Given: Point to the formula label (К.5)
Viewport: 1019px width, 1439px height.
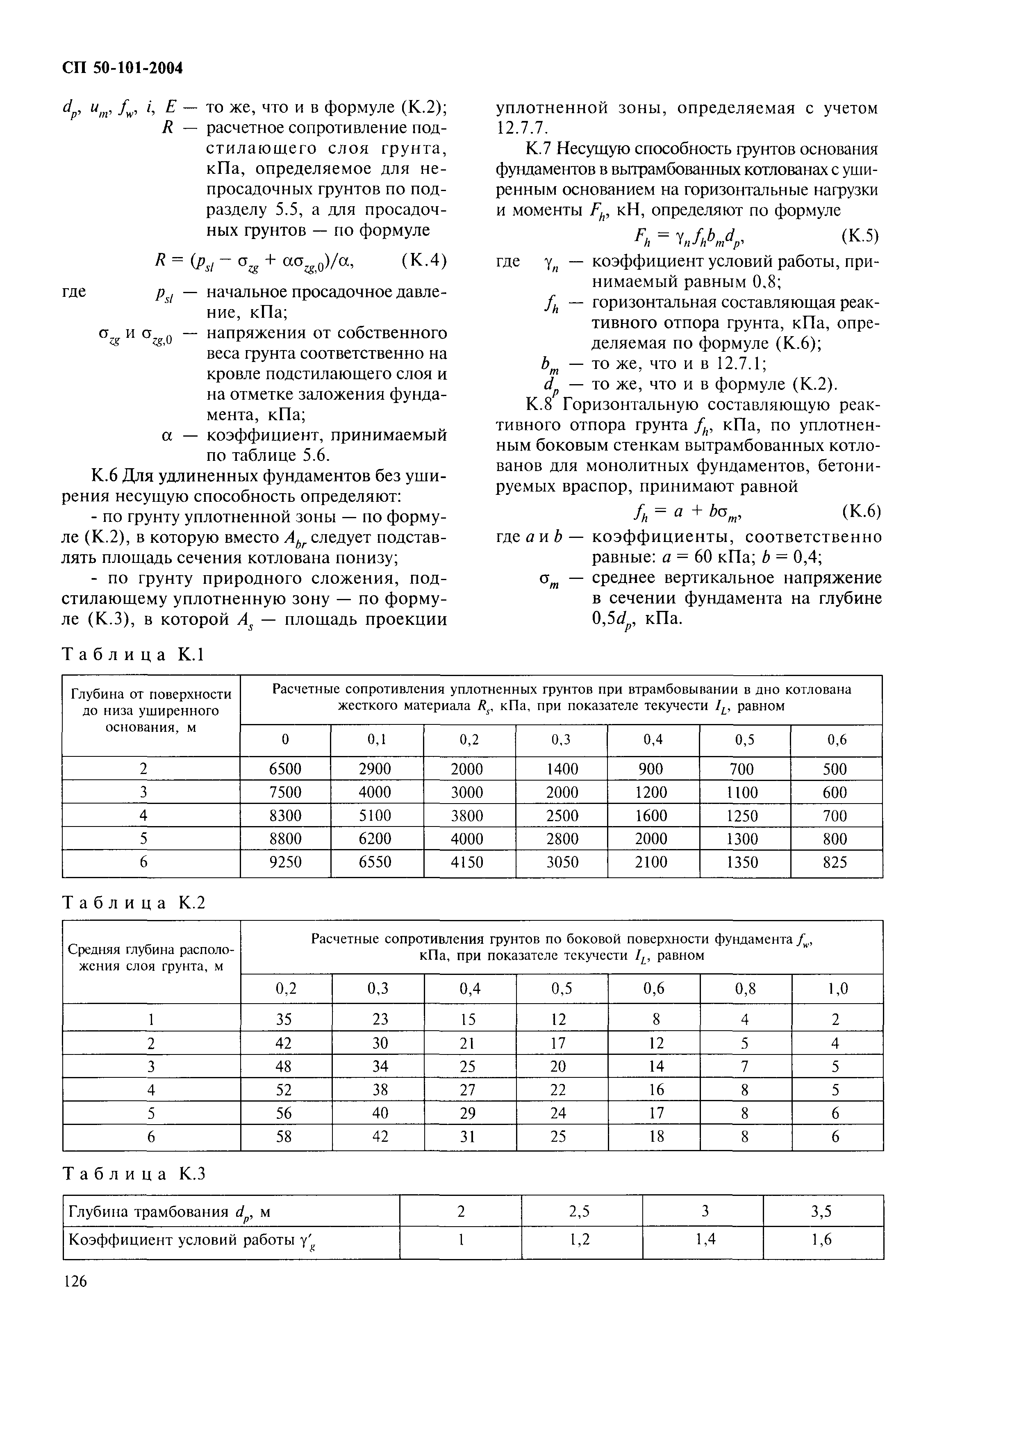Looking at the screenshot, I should tap(860, 236).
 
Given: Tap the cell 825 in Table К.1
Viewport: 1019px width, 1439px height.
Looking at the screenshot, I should tap(835, 862).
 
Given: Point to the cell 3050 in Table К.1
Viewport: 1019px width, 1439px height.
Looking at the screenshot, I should tap(561, 862).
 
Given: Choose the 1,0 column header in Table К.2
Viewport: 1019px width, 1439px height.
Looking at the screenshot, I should tap(837, 989).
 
